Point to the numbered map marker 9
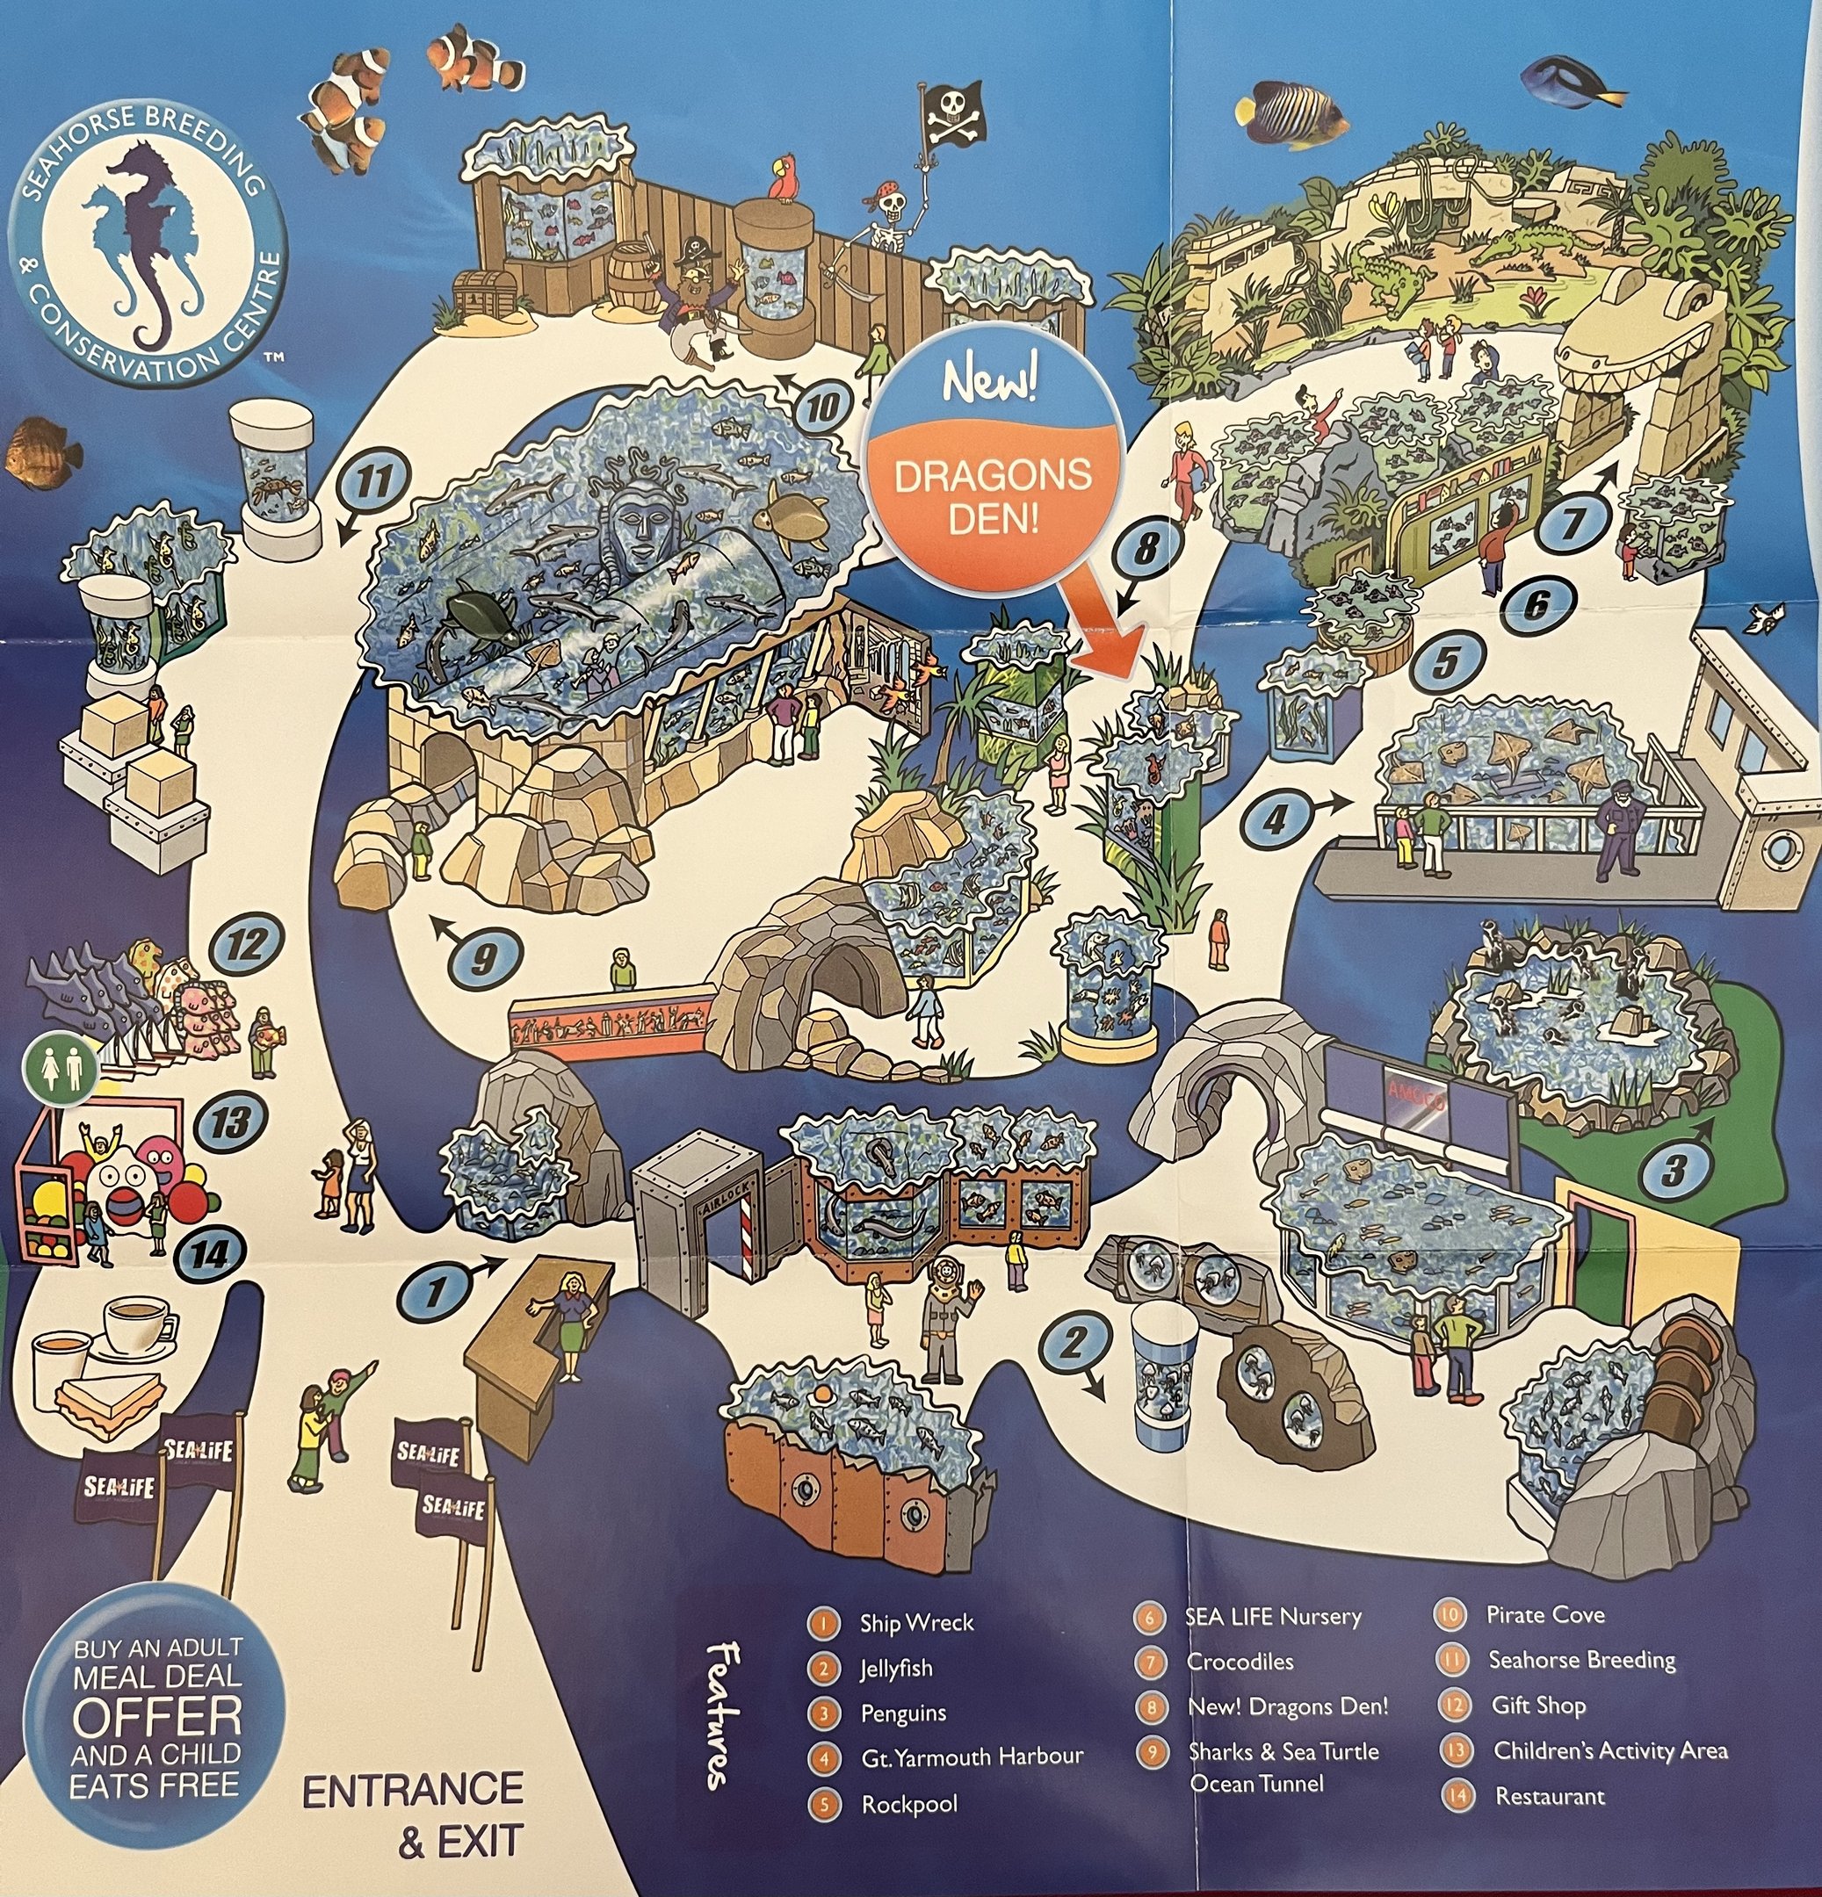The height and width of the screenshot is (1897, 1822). [x=484, y=957]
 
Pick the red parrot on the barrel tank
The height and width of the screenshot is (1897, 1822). [x=779, y=181]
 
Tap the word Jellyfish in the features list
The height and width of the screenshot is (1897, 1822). [x=895, y=1669]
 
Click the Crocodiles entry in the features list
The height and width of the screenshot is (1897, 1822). [x=1240, y=1661]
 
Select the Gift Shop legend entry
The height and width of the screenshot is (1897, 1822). [x=1538, y=1706]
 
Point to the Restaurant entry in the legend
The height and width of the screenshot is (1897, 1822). [x=1549, y=1796]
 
